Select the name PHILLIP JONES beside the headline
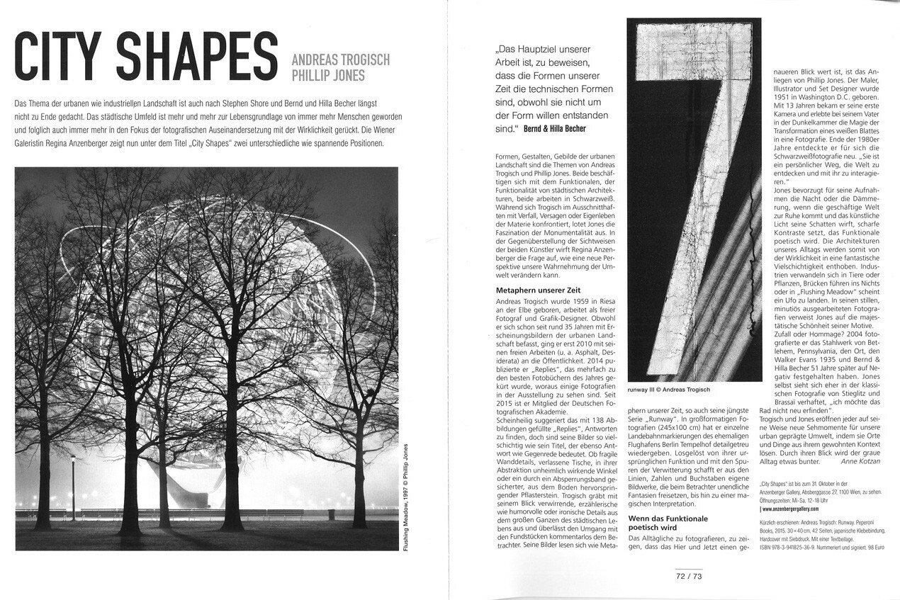325,74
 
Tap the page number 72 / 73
688,577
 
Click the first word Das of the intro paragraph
21,104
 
